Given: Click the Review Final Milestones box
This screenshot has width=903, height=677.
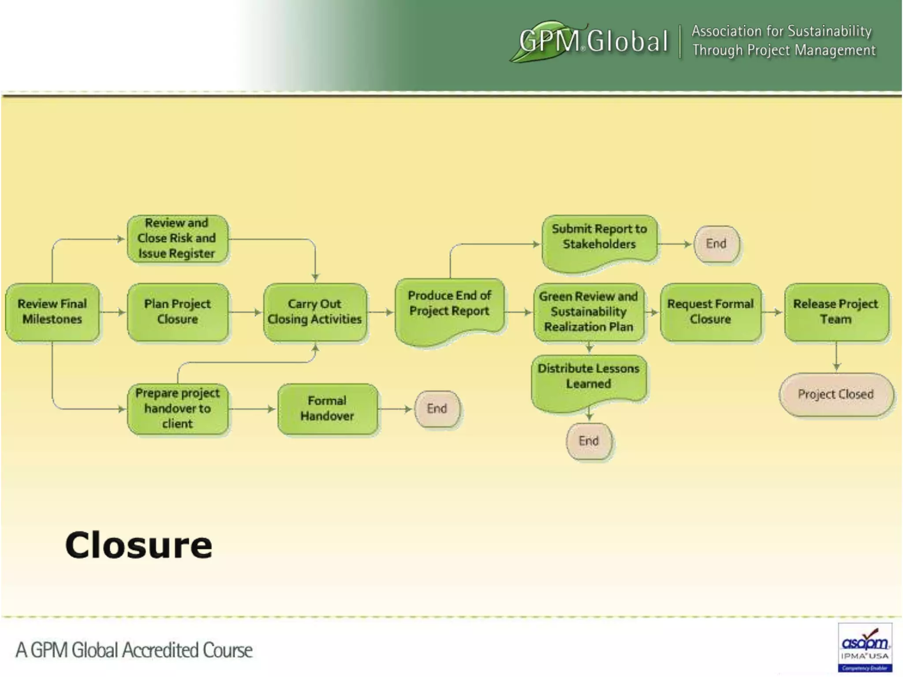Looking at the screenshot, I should (52, 312).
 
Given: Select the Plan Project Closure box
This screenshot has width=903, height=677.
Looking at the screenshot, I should (178, 312).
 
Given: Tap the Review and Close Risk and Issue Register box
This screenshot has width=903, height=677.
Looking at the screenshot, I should (177, 238).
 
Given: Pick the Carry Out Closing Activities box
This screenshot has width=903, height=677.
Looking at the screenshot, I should (315, 312).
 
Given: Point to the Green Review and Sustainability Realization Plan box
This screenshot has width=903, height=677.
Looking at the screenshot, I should (589, 312).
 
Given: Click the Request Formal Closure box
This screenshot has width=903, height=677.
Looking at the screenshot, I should (710, 312).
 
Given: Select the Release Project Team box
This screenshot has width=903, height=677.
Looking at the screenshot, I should (836, 312).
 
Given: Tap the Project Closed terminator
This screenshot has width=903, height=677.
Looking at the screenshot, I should (836, 394).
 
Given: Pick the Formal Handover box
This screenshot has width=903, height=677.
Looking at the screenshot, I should (327, 409).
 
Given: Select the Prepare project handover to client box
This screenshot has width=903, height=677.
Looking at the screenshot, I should (177, 409).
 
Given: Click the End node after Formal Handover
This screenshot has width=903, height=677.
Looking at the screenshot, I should (437, 409).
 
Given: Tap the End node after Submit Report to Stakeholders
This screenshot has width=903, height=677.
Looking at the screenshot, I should (716, 244).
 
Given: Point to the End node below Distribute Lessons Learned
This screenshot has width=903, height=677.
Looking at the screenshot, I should (589, 441).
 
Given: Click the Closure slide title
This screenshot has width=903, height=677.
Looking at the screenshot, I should (138, 545).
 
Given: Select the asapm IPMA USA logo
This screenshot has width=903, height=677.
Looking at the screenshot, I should (865, 647).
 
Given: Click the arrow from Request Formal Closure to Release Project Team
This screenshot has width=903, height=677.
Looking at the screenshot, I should (773, 312).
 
